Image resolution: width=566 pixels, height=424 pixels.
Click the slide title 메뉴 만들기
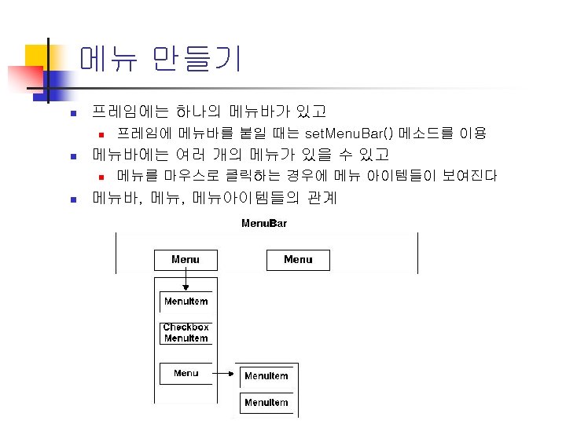160,60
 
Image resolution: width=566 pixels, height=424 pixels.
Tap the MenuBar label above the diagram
263,224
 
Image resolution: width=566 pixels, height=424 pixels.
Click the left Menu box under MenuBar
186,260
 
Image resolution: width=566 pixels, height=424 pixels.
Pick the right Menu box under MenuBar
298,260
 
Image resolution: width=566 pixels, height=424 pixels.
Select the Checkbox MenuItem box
186,333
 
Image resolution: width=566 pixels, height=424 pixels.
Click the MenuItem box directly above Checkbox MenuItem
186,301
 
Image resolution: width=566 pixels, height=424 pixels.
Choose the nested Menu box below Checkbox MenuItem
186,373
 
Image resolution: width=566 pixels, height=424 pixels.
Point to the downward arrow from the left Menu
186,280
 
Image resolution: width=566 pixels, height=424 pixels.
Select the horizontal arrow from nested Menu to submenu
226,375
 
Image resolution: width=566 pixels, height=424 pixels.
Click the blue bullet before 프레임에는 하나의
71,113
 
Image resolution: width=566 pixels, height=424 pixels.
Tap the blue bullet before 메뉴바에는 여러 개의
71,155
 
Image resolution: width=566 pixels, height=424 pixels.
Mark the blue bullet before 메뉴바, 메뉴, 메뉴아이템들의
71,199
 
